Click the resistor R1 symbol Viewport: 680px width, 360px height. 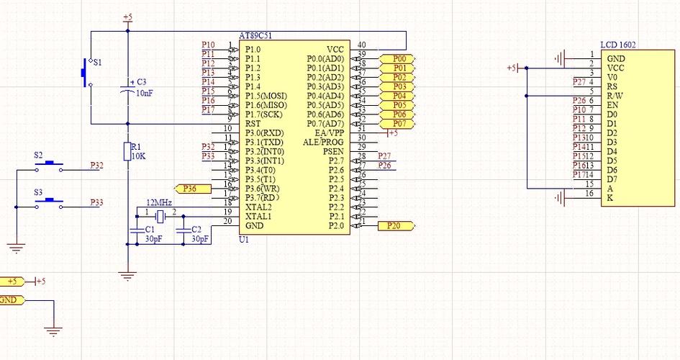[x=127, y=151]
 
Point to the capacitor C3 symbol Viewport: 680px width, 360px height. [x=127, y=89]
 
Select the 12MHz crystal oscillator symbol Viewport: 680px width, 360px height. [x=160, y=213]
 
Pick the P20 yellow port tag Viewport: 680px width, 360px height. [x=395, y=226]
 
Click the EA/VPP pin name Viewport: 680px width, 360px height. [x=330, y=133]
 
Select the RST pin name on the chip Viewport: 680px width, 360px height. [x=252, y=124]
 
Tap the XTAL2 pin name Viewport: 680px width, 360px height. [x=258, y=207]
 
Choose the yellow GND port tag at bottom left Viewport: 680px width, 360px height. [x=11, y=300]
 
